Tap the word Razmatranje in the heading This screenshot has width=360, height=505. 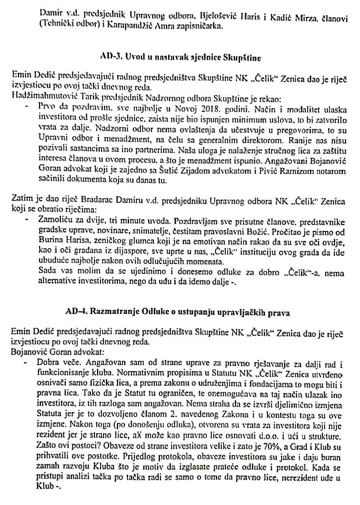pos(112,312)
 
